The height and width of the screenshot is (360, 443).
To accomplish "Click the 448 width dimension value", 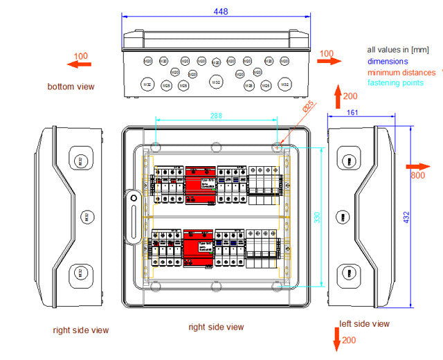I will tap(221, 11).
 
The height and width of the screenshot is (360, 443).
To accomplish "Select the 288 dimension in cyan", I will tap(216, 116).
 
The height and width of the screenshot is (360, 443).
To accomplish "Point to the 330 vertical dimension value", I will tap(317, 216).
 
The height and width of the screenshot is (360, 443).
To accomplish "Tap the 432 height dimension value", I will tap(406, 217).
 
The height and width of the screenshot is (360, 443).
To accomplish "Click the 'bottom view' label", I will tap(71, 87).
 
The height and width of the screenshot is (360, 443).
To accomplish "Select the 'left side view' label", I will tap(364, 323).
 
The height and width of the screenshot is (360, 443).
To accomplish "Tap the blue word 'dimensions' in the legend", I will tap(388, 62).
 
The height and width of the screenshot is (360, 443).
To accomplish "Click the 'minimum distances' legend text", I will tap(401, 72).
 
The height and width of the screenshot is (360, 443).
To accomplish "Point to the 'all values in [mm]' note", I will tap(399, 50).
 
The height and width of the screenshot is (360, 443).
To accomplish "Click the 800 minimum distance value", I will tap(417, 176).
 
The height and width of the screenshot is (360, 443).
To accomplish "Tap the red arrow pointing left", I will tap(78, 64).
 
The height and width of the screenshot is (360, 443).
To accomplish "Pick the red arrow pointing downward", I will tap(337, 339).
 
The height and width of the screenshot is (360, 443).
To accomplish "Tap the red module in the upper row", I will tap(199, 185).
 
